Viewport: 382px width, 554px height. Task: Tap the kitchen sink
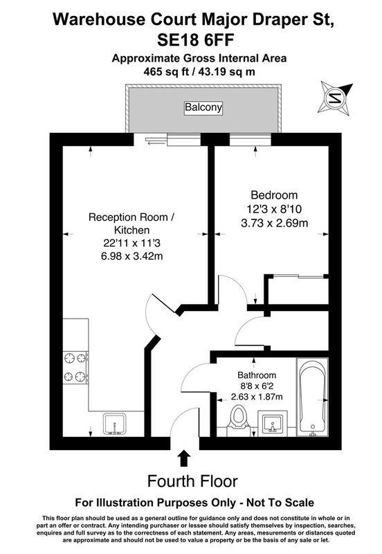pyautogui.click(x=114, y=422)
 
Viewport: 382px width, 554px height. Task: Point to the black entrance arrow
pyautogui.click(x=185, y=458)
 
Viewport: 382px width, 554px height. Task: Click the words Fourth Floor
pyautogui.click(x=193, y=481)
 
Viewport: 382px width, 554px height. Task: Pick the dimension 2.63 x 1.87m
pyautogui.click(x=257, y=397)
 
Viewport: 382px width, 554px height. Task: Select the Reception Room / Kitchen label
pyautogui.click(x=131, y=223)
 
